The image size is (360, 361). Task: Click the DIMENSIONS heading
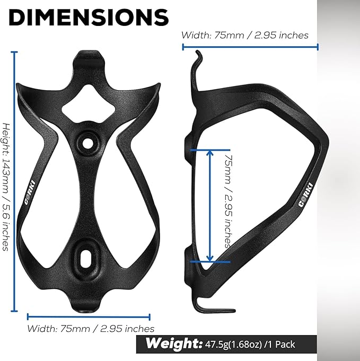[x=89, y=17]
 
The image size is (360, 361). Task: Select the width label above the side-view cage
[x=245, y=35]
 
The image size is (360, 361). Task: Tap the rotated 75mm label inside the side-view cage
[x=227, y=201]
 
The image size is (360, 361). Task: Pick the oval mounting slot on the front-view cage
[x=85, y=257]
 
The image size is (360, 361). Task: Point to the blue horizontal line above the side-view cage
[x=250, y=47]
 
